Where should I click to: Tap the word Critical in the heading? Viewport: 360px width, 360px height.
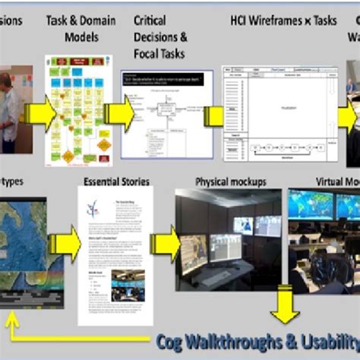[150, 19]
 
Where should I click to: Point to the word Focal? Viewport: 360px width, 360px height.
[147, 53]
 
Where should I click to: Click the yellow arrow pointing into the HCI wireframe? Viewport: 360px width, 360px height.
[210, 115]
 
